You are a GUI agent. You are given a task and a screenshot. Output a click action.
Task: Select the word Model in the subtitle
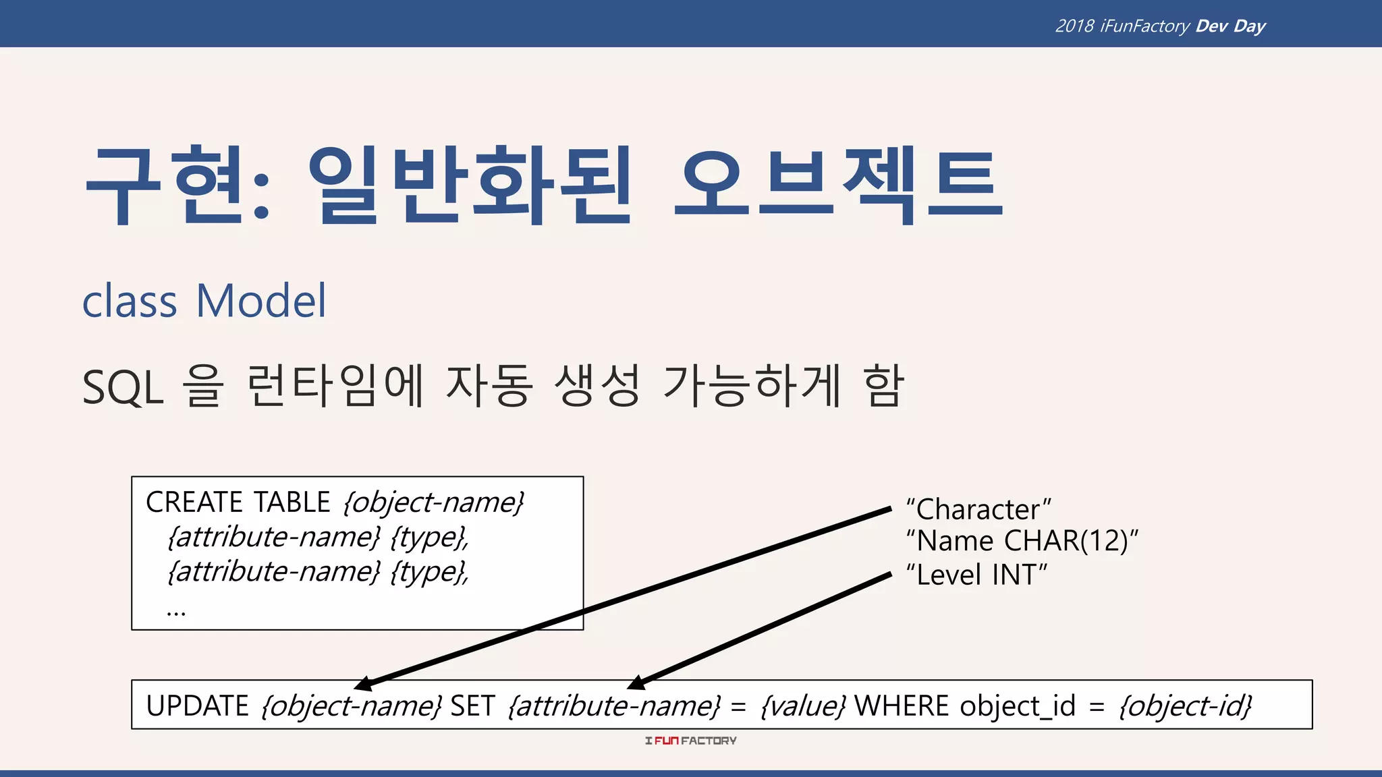click(261, 301)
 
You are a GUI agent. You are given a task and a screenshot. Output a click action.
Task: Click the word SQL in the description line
click(123, 388)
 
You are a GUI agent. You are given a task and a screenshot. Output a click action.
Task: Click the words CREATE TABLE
click(238, 502)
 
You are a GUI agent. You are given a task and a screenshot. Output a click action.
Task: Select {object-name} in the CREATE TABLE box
click(434, 502)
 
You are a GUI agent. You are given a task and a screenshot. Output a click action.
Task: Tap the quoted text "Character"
click(978, 509)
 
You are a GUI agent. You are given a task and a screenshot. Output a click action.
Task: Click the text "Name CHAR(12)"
click(1022, 541)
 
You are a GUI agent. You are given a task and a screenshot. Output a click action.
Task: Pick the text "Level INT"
click(976, 575)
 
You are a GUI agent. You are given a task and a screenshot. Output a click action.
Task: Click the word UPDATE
click(198, 706)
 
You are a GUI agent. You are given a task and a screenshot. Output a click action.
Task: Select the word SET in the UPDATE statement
click(472, 706)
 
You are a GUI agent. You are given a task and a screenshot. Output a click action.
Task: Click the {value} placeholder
click(802, 706)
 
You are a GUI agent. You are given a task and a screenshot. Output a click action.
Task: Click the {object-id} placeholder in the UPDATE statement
click(1185, 706)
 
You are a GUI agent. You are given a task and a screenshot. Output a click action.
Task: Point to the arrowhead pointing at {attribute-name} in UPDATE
click(636, 683)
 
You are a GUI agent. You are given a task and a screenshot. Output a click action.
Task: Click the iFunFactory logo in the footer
click(690, 741)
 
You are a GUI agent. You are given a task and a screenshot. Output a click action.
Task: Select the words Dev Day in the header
click(1230, 26)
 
